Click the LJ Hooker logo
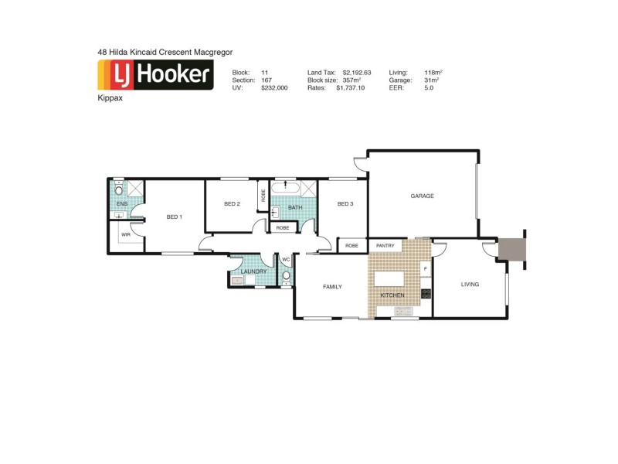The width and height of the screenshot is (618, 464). point(155,75)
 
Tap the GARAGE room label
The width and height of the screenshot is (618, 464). point(422,196)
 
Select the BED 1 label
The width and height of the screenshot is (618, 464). point(174,217)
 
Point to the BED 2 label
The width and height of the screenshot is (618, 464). point(232,204)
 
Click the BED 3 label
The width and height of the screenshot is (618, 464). point(345,204)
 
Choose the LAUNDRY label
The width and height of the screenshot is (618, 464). point(254,271)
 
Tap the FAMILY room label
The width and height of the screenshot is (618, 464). point(332,286)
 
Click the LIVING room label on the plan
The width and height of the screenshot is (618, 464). point(470,284)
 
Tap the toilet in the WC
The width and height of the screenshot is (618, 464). point(286,275)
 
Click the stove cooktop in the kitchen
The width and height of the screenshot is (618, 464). point(425,294)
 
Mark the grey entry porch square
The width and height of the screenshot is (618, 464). point(511,249)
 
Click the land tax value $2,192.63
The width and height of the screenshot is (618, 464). point(357,73)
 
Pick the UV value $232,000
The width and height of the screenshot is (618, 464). point(274,88)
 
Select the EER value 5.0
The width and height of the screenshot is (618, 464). point(429,88)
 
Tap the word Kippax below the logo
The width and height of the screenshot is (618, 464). point(110,99)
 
